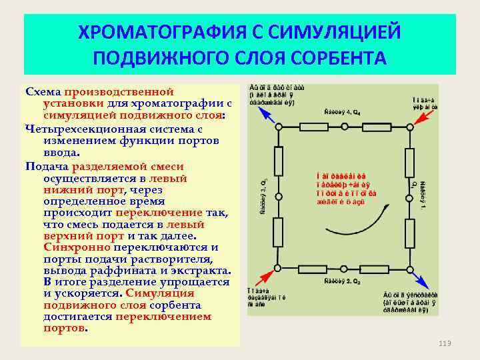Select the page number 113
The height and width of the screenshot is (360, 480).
445,343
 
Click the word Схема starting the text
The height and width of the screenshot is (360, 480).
43,91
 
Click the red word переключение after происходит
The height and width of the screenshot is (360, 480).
159,213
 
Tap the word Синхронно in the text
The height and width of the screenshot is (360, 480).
71,247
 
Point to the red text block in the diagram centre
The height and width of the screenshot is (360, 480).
347,189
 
